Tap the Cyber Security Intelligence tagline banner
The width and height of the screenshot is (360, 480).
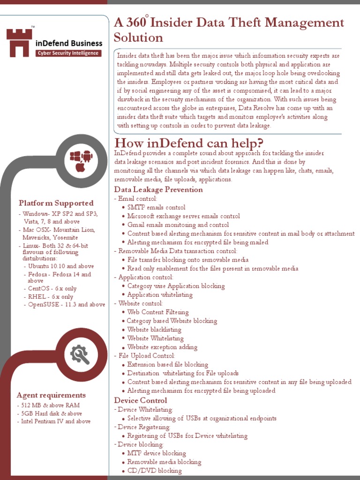[68, 53]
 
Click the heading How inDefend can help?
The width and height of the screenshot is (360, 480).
[188, 143]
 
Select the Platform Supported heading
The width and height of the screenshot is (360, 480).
[56, 203]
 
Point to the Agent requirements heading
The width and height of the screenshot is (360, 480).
[51, 395]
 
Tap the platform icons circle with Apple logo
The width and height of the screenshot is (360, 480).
[80, 161]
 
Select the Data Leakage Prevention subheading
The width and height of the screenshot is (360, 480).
[158, 190]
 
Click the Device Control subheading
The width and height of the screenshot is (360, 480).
[141, 400]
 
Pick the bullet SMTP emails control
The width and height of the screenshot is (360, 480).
[156, 207]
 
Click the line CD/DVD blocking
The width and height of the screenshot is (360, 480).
[154, 471]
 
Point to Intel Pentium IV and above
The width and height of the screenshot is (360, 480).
[56, 421]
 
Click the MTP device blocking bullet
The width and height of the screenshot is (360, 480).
[157, 453]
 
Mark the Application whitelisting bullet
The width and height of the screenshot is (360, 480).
[160, 295]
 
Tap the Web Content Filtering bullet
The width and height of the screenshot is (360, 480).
[158, 312]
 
